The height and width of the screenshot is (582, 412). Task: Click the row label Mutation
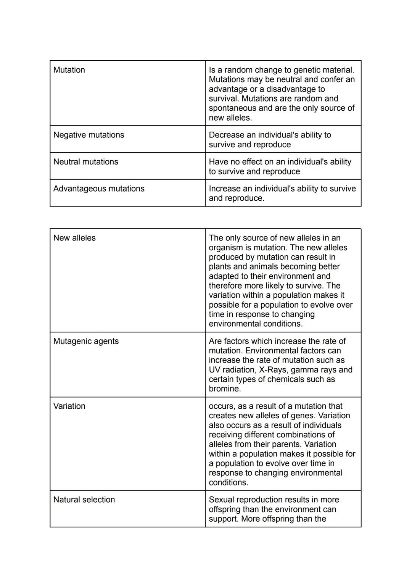point(69,70)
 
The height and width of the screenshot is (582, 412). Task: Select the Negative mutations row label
point(89,135)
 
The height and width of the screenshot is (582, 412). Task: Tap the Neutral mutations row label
point(86,162)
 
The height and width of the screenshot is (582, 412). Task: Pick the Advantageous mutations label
point(99,189)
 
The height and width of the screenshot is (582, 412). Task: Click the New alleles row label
point(74,238)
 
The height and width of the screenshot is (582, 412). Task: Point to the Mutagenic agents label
point(86,341)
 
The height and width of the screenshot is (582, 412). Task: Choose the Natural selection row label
point(84,500)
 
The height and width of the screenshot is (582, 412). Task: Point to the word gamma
point(306,370)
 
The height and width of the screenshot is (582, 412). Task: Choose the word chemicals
point(296,379)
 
